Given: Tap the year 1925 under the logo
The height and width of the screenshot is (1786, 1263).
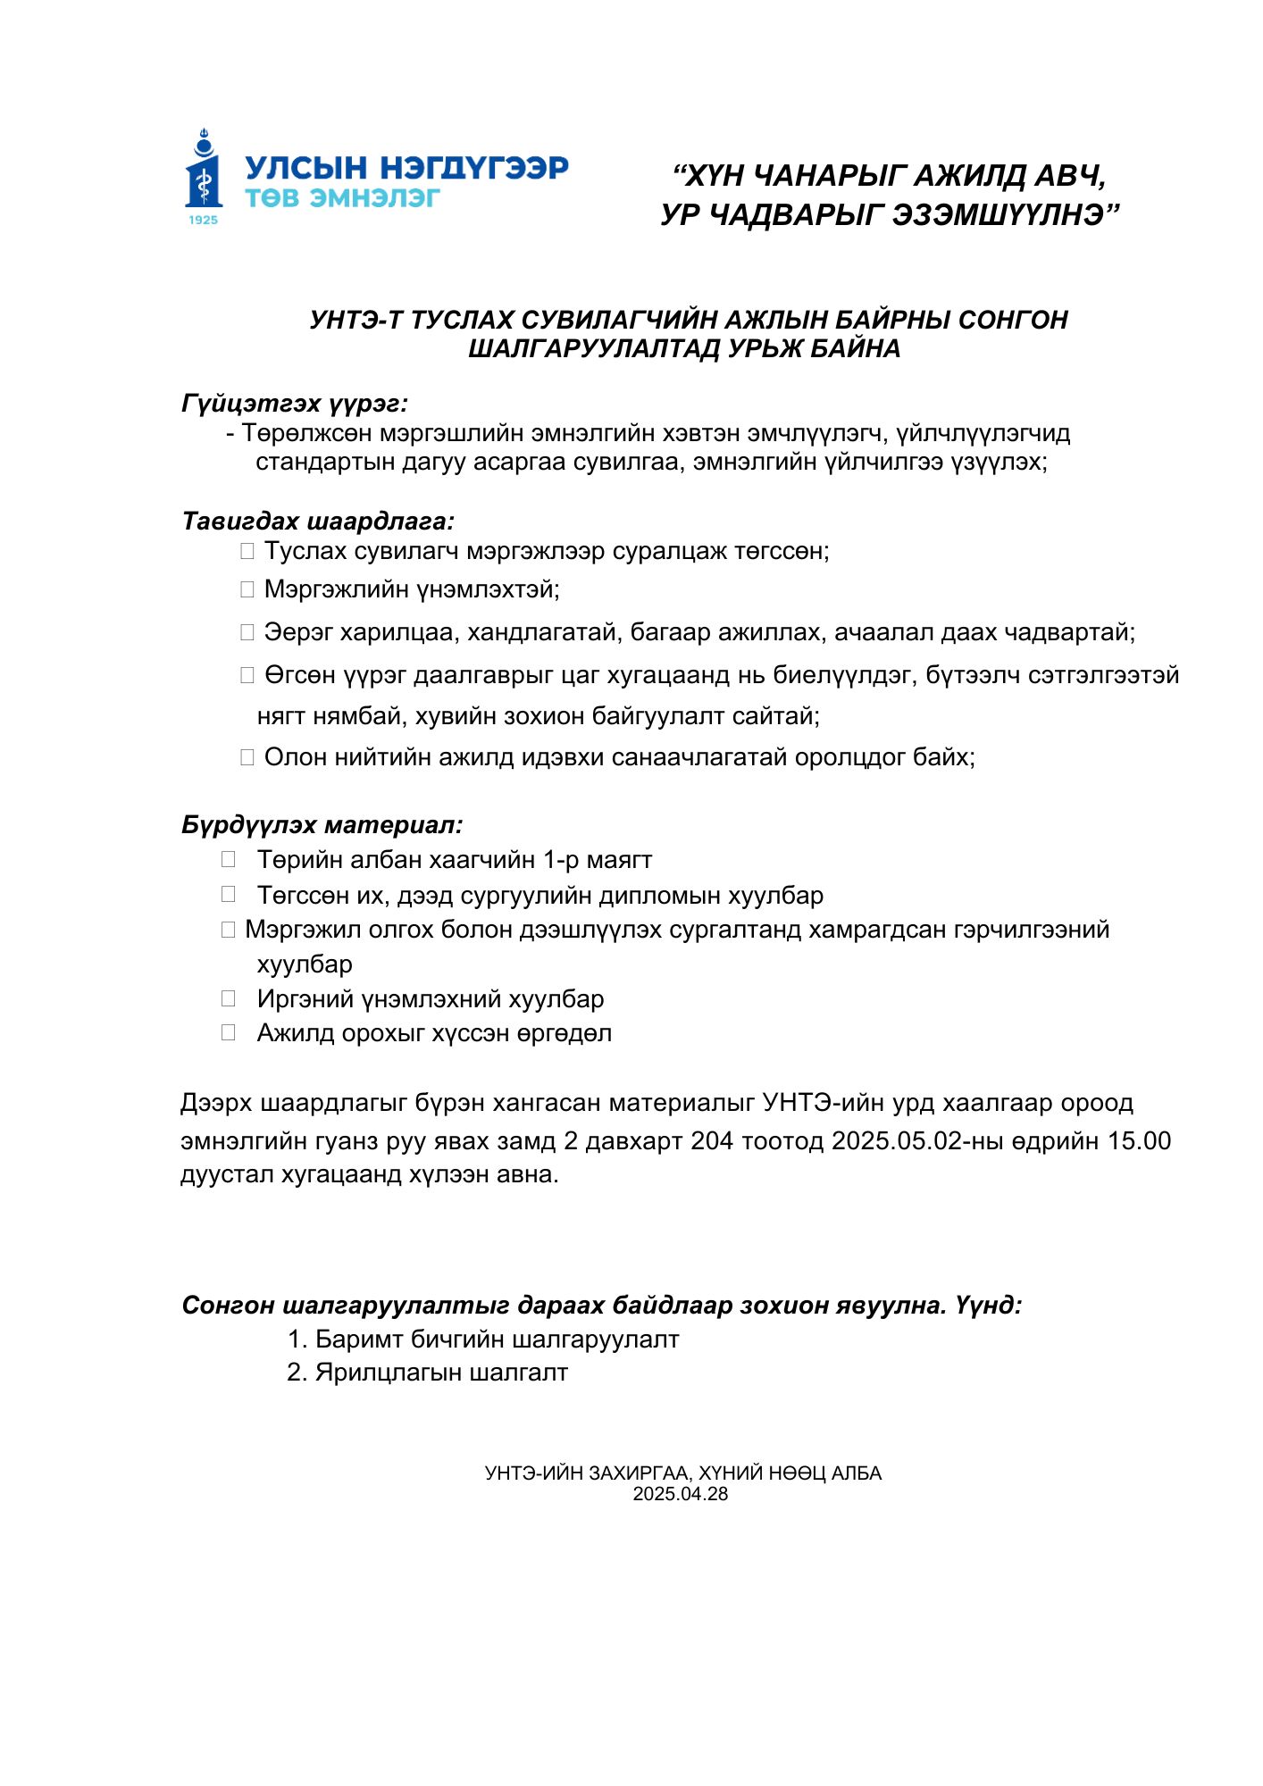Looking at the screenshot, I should [204, 220].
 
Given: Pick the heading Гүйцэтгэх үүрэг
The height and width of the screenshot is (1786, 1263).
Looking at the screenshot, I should [295, 404].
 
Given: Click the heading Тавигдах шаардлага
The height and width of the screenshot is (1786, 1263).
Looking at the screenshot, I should [318, 521].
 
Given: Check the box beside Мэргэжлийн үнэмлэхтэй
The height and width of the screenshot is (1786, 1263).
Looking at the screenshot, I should [247, 589].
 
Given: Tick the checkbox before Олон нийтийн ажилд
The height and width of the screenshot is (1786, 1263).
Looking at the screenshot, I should [247, 757].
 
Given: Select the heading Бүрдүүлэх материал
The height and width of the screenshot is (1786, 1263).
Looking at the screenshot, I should [322, 824].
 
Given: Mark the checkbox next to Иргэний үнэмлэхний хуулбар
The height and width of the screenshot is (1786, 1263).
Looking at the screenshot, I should [229, 998].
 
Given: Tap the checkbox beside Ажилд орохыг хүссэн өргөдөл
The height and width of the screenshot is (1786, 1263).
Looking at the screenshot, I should [229, 1032].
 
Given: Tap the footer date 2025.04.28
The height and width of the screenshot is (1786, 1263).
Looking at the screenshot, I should [681, 1494].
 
